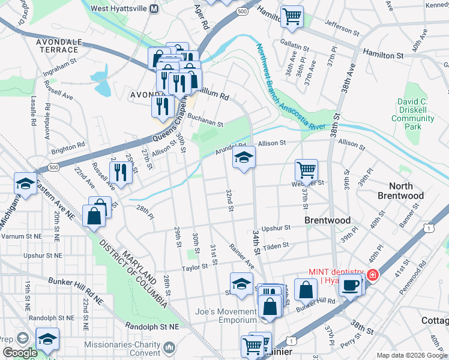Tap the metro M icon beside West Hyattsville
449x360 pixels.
(x=154, y=9)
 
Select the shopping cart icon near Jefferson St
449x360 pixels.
(x=292, y=16)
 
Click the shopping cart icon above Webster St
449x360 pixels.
(x=306, y=170)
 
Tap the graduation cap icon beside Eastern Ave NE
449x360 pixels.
(x=25, y=183)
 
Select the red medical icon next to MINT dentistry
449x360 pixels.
(x=373, y=275)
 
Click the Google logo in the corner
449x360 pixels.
(x=19, y=353)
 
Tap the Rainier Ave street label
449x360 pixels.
(x=242, y=256)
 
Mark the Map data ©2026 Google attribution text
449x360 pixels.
(x=411, y=355)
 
